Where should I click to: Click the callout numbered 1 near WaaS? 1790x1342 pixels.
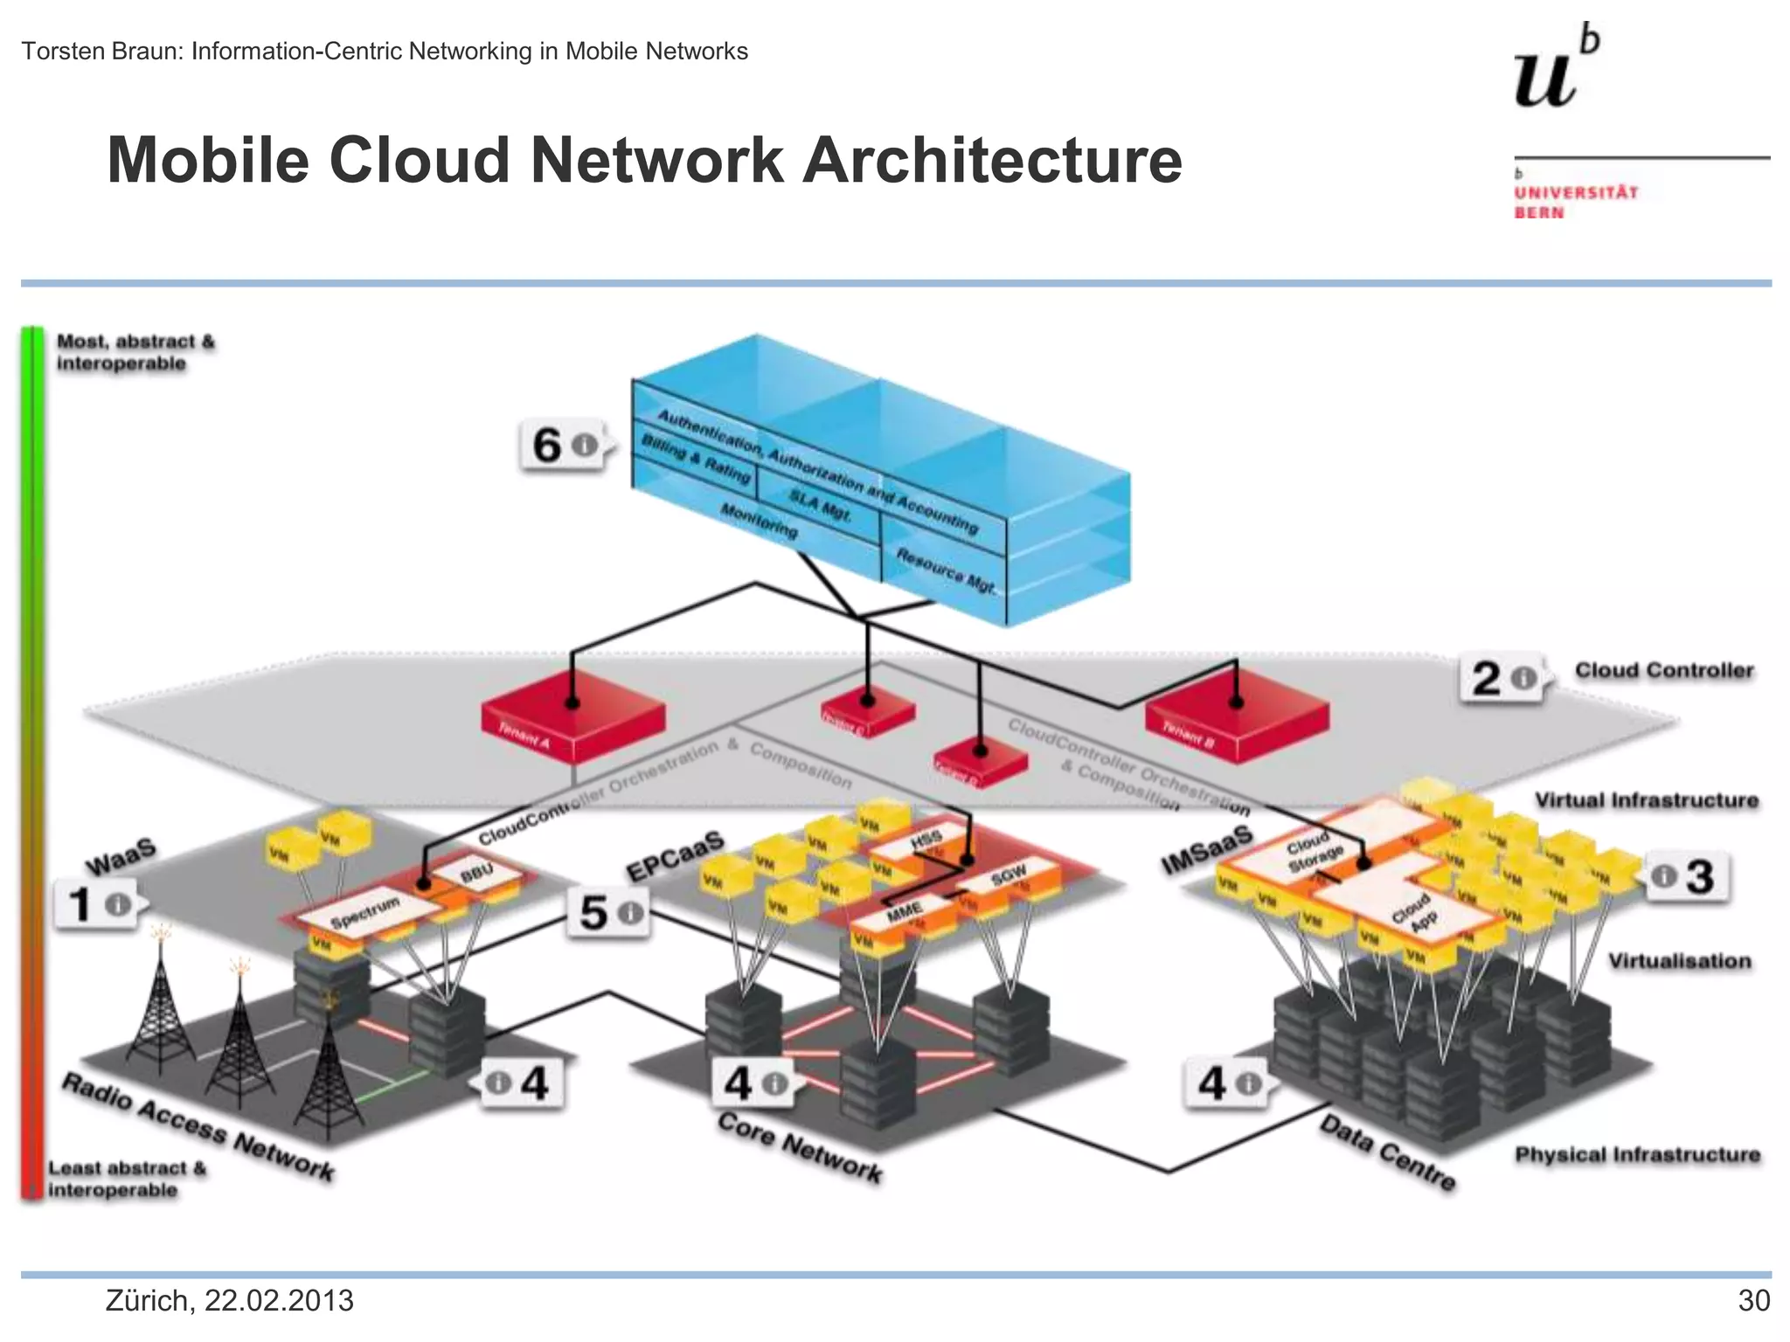coord(97,903)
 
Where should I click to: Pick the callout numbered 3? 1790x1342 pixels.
coord(1686,876)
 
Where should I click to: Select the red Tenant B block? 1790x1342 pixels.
coord(1236,716)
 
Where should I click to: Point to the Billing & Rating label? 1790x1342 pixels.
coord(696,459)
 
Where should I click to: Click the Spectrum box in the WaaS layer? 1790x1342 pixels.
coord(367,912)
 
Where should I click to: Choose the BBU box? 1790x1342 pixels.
coord(477,871)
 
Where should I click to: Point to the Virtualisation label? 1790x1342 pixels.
coord(1679,961)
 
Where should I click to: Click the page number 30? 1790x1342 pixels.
coord(1752,1301)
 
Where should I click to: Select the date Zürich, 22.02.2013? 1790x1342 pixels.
coord(229,1301)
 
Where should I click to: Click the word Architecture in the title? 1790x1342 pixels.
coord(992,161)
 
